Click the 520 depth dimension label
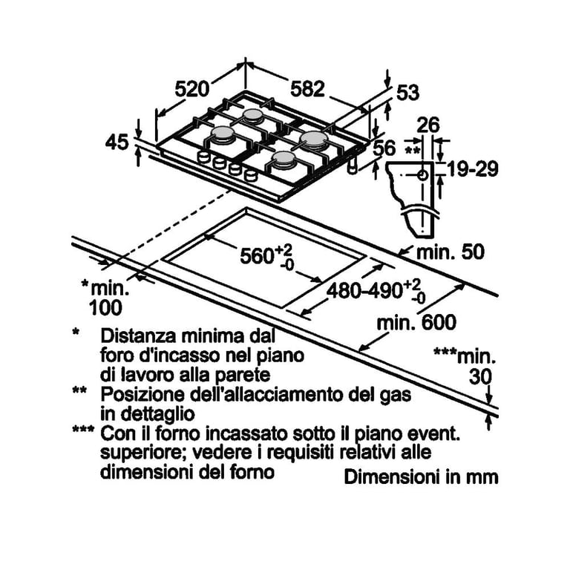click(x=192, y=89)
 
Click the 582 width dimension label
click(x=307, y=89)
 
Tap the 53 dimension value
click(x=407, y=92)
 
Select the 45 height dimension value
click(x=117, y=142)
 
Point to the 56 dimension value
click(x=384, y=148)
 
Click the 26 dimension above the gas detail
click(x=427, y=125)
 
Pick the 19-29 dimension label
click(x=472, y=169)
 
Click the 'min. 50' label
click(x=450, y=252)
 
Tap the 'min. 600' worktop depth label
click(x=416, y=322)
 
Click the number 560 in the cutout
click(x=257, y=256)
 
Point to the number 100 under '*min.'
click(x=105, y=308)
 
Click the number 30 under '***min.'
click(x=480, y=376)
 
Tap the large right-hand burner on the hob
click(x=315, y=140)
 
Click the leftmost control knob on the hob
click(x=204, y=157)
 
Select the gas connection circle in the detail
click(x=422, y=175)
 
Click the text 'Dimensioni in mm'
click(x=421, y=477)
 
